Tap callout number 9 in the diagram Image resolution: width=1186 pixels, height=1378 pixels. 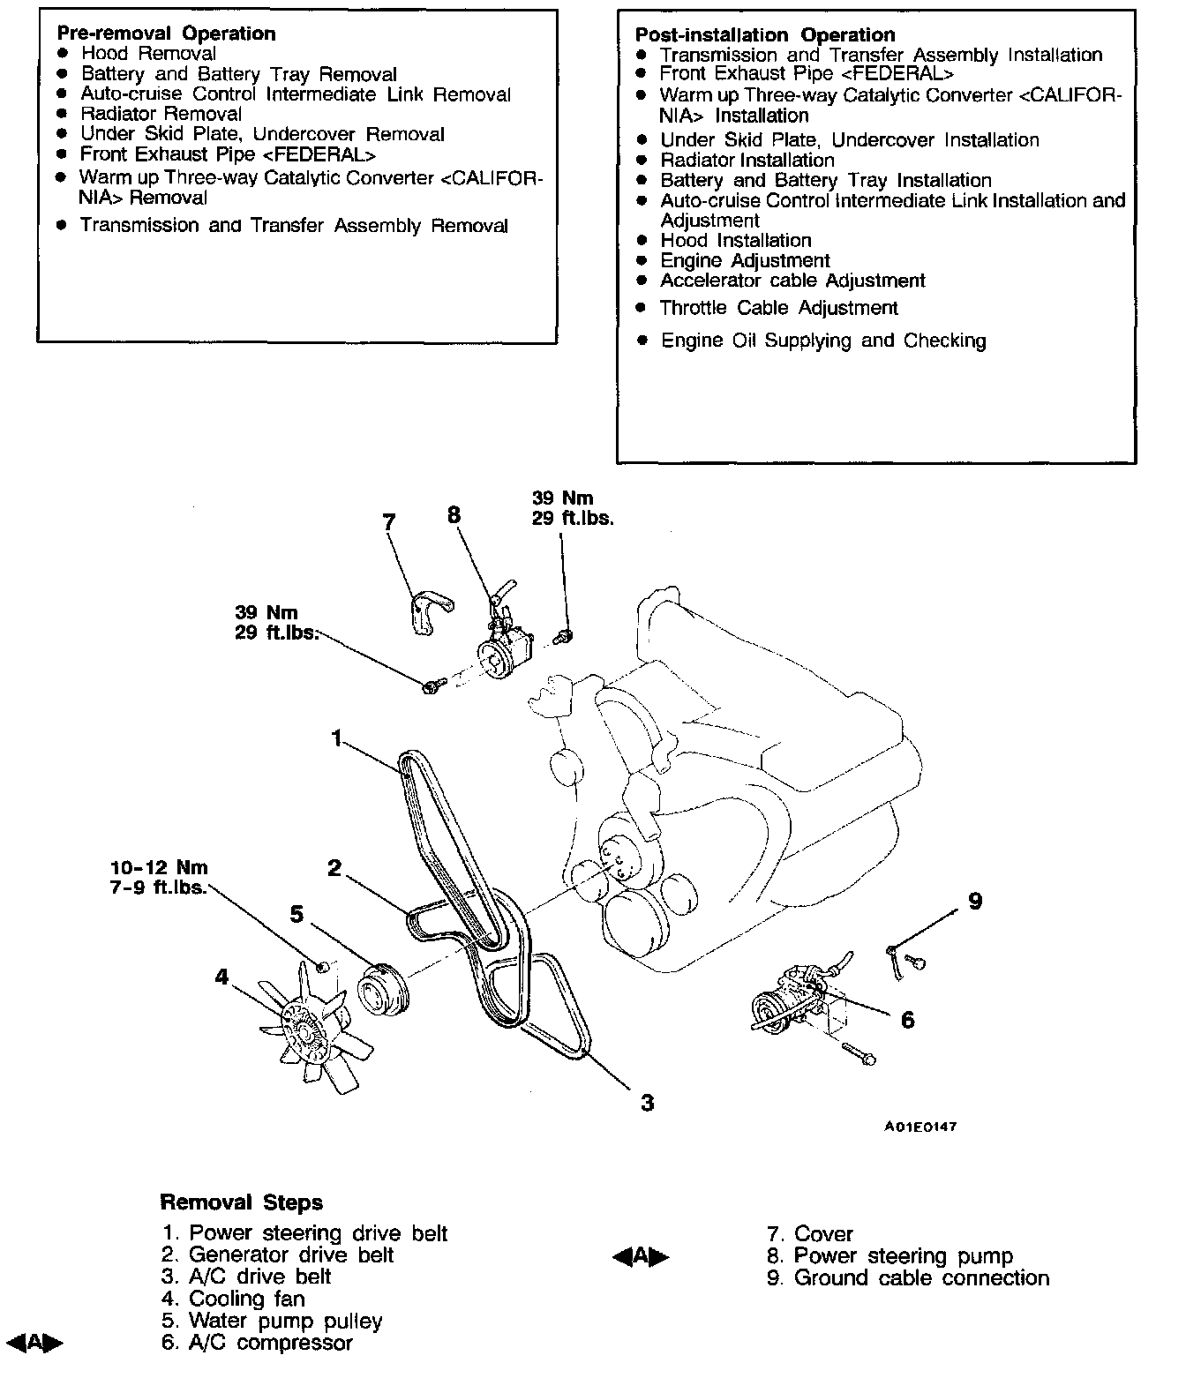pyautogui.click(x=974, y=901)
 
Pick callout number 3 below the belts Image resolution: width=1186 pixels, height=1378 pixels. pyautogui.click(x=647, y=1102)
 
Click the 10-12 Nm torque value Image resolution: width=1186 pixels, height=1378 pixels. pyautogui.click(x=160, y=867)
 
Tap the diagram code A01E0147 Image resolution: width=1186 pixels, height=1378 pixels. pyautogui.click(x=921, y=1127)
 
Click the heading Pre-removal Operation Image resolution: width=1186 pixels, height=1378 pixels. pyautogui.click(x=166, y=34)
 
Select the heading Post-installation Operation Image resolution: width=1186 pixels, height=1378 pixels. pyautogui.click(x=764, y=35)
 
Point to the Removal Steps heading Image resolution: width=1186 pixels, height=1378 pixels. pyautogui.click(x=241, y=1202)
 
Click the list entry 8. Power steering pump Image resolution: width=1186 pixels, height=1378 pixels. pyautogui.click(x=889, y=1255)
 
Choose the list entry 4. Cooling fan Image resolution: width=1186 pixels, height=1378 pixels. pyautogui.click(x=233, y=1299)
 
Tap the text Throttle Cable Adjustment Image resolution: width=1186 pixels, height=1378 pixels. pyautogui.click(x=778, y=308)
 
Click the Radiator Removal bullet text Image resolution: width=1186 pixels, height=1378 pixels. pyautogui.click(x=161, y=114)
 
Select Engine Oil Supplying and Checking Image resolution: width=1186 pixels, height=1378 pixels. pyautogui.click(x=822, y=341)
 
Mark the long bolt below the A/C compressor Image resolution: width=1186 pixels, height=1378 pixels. pyautogui.click(x=859, y=1052)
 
